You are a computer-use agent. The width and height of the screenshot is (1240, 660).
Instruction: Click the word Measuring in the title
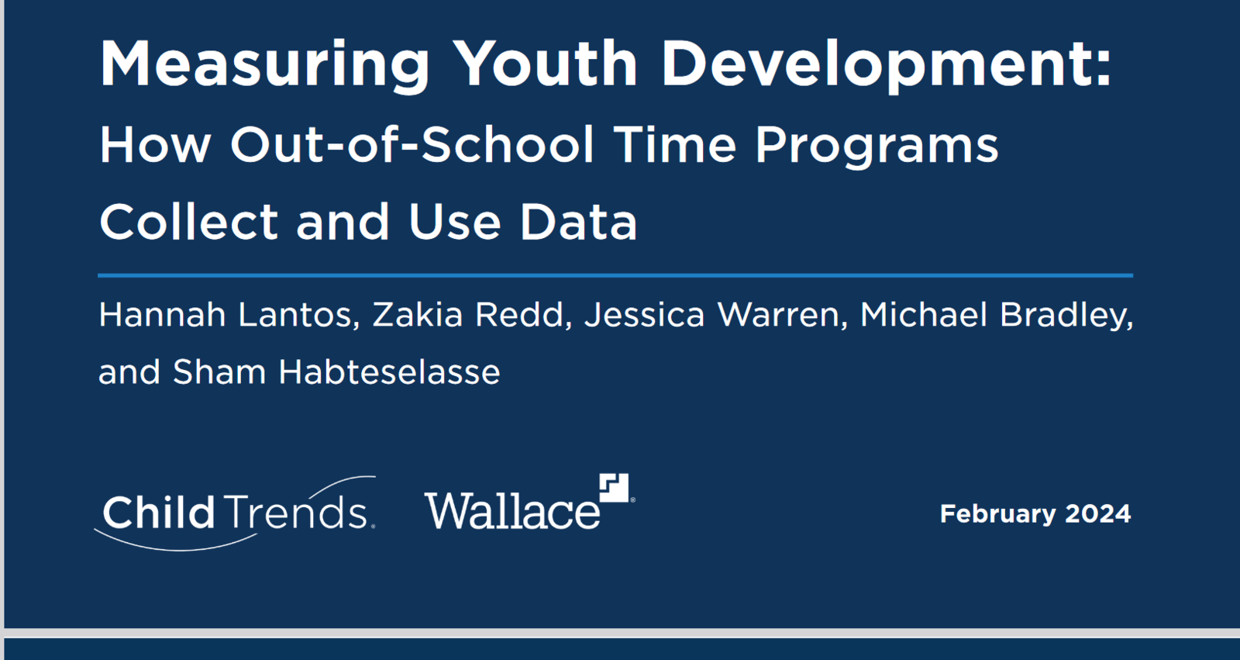pos(264,65)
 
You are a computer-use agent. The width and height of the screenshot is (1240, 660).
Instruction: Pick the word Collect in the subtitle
pos(189,221)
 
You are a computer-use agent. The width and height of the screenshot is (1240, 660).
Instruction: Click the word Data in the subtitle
pos(578,222)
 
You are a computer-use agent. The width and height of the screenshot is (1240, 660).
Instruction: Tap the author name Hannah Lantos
pos(226,315)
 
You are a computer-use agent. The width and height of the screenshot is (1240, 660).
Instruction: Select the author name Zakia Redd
pos(468,315)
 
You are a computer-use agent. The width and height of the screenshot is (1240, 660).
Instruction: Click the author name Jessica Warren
pos(712,315)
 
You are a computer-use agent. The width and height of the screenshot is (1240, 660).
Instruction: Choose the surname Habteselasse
pos(389,371)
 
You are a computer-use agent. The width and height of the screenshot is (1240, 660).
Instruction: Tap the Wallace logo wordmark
pos(512,510)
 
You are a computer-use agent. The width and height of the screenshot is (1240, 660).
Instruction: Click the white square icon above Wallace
pos(615,488)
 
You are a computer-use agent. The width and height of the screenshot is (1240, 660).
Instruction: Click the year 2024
pos(1097,513)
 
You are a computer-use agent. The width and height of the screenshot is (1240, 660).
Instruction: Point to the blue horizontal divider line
pos(615,275)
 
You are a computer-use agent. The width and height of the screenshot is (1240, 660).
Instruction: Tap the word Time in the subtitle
pos(675,144)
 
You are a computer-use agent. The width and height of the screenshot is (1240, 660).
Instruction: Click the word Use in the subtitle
pos(454,222)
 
